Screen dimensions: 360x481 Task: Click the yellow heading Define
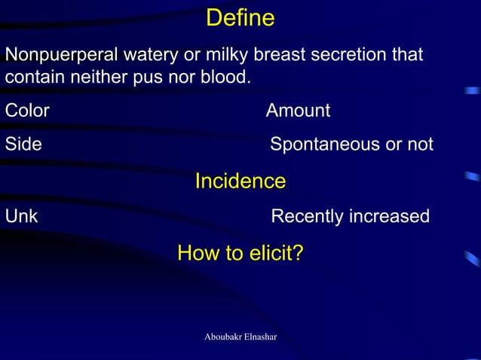pyautogui.click(x=240, y=18)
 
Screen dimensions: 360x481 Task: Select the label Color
pyautogui.click(x=27, y=111)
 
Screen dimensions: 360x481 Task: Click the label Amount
pyautogui.click(x=298, y=111)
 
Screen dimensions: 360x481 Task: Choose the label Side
pyautogui.click(x=23, y=144)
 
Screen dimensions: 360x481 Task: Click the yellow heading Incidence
pyautogui.click(x=240, y=182)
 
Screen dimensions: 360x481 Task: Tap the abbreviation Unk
pyautogui.click(x=22, y=217)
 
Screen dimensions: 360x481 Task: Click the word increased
pyautogui.click(x=389, y=217)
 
